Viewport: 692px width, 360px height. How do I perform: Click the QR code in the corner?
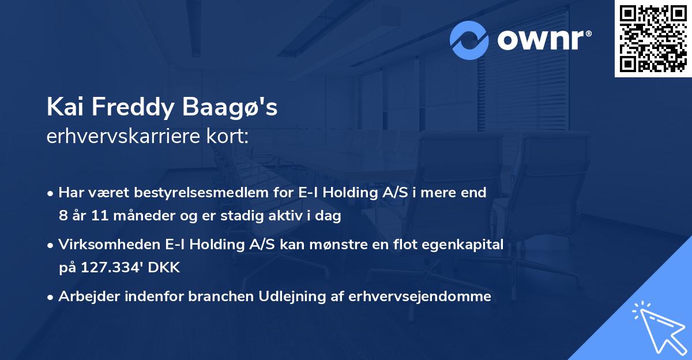click(x=653, y=39)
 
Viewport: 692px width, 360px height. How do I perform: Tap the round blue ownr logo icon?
click(x=469, y=40)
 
